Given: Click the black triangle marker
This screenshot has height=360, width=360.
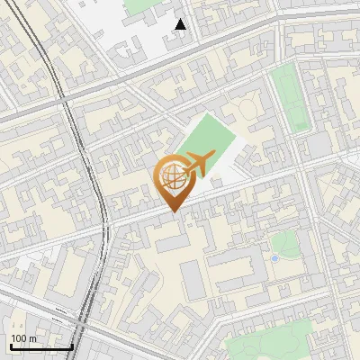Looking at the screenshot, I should click(181, 24).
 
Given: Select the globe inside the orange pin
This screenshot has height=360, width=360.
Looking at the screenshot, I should click(173, 179).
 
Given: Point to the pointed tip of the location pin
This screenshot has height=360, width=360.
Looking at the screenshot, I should click(174, 211).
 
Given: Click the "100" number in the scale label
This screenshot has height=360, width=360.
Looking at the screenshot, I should click(19, 338).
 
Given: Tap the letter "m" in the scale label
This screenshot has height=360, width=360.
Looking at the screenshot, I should click(32, 338).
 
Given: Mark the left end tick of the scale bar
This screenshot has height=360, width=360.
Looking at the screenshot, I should click(11, 346).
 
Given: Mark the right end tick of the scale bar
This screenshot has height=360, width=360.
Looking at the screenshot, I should click(72, 346).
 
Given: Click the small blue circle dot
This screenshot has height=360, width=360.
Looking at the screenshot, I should click(274, 258).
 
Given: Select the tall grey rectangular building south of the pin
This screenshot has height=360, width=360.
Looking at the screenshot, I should click(193, 280).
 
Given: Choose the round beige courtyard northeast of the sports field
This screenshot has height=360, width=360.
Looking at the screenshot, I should click(248, 111).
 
